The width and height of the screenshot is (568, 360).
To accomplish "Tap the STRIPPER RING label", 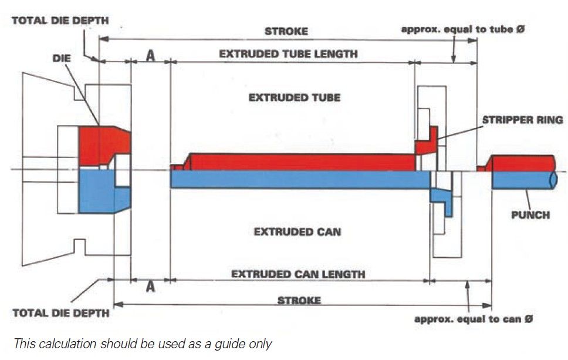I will pos(522,120).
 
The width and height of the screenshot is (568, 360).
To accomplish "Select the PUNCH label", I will pos(530,214).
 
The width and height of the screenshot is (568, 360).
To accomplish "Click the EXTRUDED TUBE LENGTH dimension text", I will pos(288,53).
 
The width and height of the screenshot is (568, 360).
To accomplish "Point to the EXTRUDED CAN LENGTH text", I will pos(298,274).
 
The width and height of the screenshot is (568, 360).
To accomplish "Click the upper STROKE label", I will pos(286,31).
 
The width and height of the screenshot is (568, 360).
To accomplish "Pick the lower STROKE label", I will pos(299,300).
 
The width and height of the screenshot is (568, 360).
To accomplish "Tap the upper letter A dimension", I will pos(150,55).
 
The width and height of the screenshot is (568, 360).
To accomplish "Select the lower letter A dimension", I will pos(150,287).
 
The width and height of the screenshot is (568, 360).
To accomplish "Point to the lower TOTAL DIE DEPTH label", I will pos(61,313).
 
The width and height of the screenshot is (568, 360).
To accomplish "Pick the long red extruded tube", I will pos(299,162).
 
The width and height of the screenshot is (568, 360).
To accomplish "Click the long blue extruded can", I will pos(299,179).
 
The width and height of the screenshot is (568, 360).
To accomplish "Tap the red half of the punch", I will pos(522,163).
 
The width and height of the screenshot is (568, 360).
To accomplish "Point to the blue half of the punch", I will pos(522,180).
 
